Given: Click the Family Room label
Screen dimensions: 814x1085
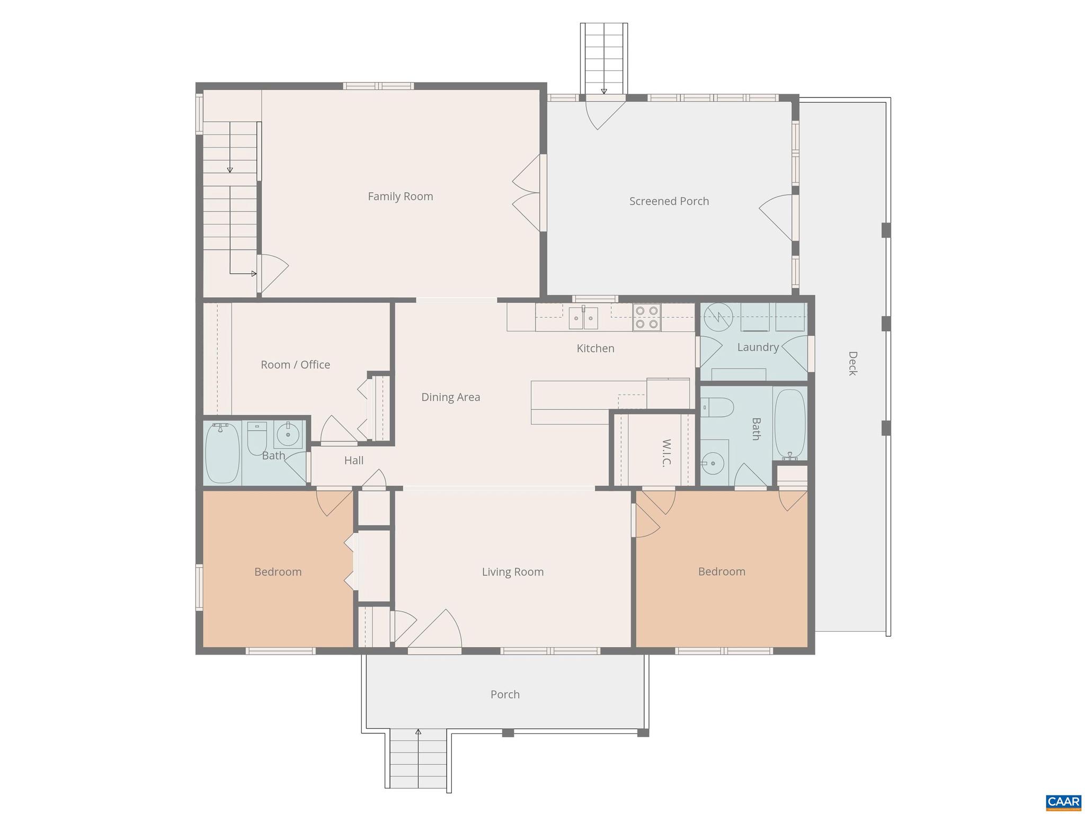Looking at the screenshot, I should pos(400,196).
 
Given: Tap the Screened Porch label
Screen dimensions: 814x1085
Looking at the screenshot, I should pos(669,201).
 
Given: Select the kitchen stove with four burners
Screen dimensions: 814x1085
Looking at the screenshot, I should pos(646,318).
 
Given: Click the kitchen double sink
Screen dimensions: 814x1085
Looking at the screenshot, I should pos(583,318).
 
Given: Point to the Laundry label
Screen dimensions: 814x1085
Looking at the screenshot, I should pos(758,347).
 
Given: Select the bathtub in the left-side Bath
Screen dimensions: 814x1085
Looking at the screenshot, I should pos(222,453).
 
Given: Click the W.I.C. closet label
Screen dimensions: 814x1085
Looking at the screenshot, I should pos(666,453).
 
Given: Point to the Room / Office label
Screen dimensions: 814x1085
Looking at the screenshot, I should pos(295,365).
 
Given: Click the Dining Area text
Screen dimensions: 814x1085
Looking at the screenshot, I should pos(450,397).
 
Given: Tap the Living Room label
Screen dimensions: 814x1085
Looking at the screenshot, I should pos(512,572).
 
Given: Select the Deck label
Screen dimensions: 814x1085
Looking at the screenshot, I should pos(852,363).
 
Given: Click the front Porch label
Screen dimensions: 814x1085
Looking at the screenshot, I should pos(505,694).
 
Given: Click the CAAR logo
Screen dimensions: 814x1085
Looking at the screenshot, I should pos(1063,802).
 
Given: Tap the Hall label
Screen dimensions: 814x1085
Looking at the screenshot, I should pos(353,461).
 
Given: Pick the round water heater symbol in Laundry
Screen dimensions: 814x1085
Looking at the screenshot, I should pos(718,317).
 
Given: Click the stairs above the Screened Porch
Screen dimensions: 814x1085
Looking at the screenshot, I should pos(604,58).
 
